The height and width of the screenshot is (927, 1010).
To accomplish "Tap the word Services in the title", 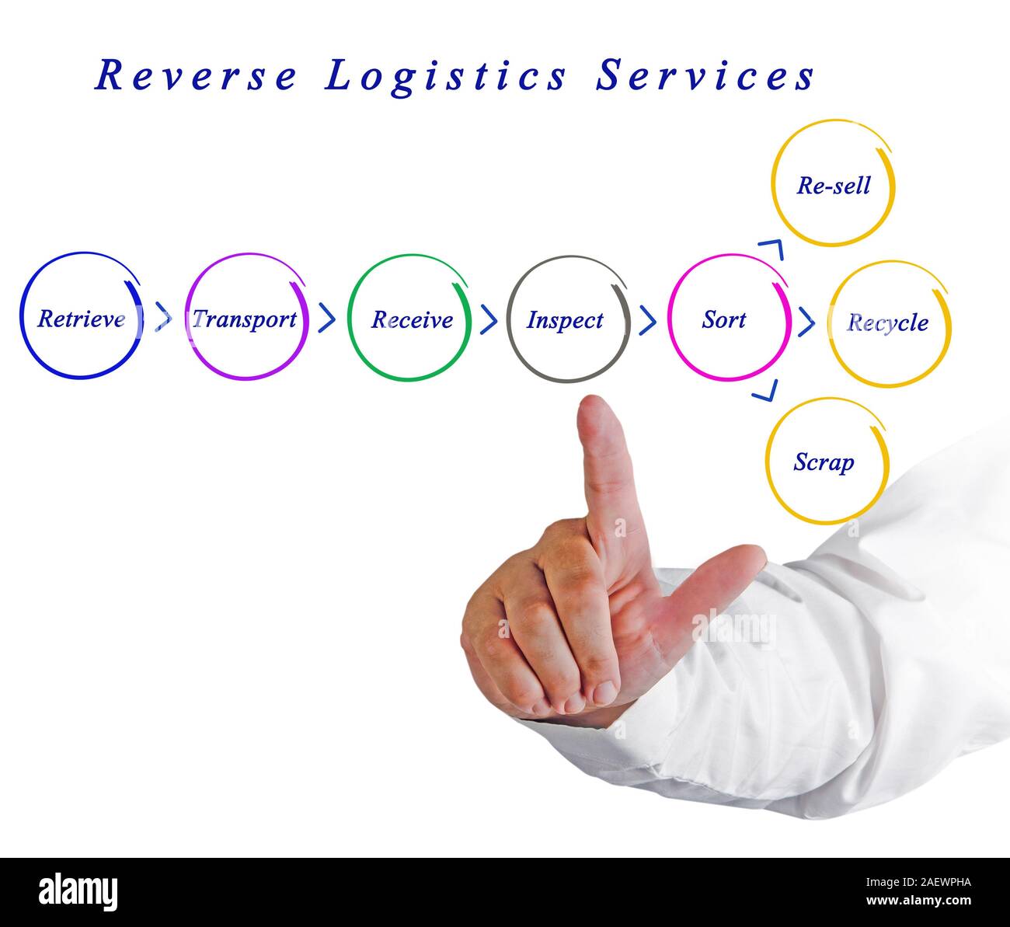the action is point(705,76).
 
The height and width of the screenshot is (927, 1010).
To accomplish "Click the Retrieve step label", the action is point(81,319).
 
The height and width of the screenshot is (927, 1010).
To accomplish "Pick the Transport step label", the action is point(245,319).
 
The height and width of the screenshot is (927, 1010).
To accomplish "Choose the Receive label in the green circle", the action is point(412,319).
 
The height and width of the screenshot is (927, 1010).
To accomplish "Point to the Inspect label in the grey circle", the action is point(565,319).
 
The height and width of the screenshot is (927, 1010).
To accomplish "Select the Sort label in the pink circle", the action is point(724,319).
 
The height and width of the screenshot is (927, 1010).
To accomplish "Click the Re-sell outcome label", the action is point(833,186).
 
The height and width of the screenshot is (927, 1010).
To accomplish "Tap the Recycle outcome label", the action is point(888,322).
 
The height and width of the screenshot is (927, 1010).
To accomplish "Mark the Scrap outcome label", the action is point(824,462).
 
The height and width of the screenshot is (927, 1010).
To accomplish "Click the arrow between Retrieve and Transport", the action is point(164,317).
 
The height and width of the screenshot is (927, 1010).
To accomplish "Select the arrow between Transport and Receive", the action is point(327,317).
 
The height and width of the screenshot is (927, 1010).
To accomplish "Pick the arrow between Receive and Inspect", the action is point(489,319).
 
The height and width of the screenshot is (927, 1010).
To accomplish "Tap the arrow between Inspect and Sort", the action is point(648,319).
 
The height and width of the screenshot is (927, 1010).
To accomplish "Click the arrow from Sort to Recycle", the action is point(807,321).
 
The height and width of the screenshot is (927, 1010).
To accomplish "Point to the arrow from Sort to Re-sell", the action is point(773,249).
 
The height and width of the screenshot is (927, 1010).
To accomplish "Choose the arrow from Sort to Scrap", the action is point(765,391).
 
